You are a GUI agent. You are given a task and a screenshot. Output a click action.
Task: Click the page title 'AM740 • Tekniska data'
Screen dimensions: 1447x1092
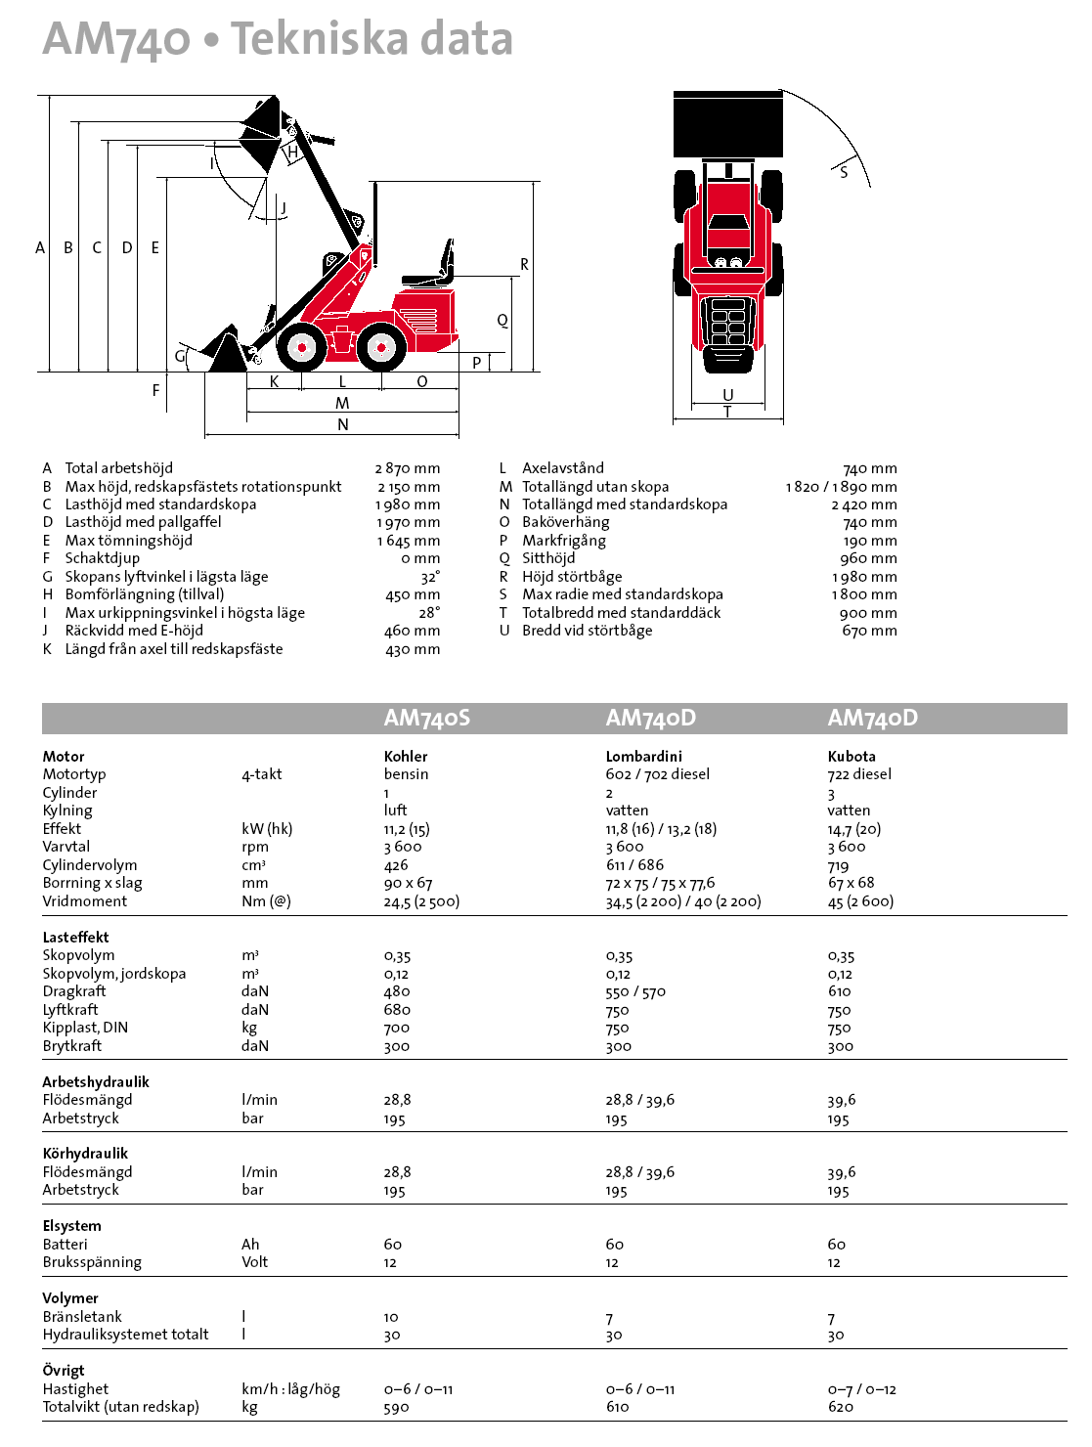[278, 39]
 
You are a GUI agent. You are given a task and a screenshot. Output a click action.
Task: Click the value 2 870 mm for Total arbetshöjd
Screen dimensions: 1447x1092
[407, 468]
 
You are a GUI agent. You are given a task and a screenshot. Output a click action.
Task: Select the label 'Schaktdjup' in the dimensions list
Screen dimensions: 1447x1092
[102, 558]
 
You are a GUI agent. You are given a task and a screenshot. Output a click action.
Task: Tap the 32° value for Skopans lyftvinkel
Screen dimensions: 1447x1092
[430, 577]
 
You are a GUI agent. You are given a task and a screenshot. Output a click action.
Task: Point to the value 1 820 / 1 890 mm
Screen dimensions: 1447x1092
[841, 487]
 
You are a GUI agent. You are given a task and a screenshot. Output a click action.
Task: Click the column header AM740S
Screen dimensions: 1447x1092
[426, 718]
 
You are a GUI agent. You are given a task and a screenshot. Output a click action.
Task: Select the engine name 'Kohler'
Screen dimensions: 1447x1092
[406, 756]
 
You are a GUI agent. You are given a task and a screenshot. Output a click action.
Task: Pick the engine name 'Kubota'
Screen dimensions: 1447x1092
[852, 756]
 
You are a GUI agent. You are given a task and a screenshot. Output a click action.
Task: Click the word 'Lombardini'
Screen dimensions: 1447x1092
[643, 756]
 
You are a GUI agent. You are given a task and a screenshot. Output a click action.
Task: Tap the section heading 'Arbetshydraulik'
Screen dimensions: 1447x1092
[96, 1081]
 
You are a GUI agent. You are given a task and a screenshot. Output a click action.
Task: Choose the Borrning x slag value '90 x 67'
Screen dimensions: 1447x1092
[408, 883]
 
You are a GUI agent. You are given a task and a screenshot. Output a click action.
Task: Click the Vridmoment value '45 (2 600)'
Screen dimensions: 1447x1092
[860, 901]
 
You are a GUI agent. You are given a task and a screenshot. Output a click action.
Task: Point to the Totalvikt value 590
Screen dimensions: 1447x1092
[396, 1407]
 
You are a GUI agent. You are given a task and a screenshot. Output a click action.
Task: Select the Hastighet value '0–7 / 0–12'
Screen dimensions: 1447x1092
[861, 1389]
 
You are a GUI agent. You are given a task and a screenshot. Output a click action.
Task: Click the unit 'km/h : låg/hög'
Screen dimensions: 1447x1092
[290, 1389]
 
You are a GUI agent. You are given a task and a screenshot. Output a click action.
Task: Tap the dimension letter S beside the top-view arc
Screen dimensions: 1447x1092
[844, 172]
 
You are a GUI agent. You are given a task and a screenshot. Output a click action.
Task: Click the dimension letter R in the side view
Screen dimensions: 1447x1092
[524, 264]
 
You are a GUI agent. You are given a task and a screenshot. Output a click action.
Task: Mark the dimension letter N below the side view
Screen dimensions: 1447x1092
[342, 424]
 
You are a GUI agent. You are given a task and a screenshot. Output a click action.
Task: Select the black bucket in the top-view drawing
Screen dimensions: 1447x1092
[728, 123]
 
